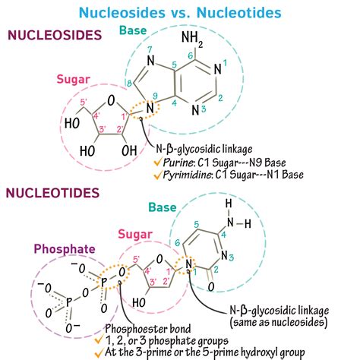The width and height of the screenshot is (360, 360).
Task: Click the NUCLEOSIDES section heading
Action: [54, 35]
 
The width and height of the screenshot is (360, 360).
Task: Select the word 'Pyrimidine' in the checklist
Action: [191, 177]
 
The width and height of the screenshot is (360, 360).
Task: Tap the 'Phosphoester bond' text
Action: [150, 320]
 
